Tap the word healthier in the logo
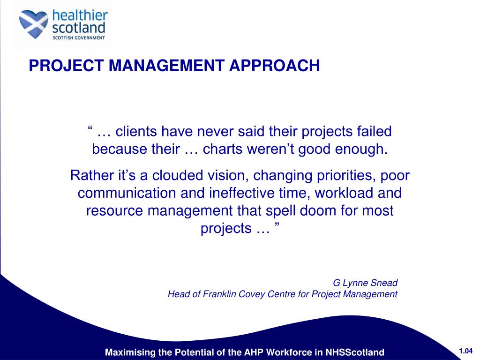(x=80, y=15)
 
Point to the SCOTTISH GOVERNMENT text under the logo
(x=79, y=38)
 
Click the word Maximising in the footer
(x=129, y=352)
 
